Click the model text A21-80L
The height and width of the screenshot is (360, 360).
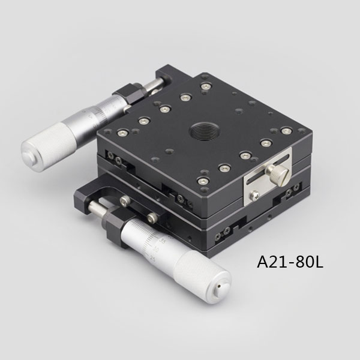290,262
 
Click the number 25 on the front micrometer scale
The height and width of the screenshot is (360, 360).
152,259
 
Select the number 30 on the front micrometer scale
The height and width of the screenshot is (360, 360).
157,250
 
